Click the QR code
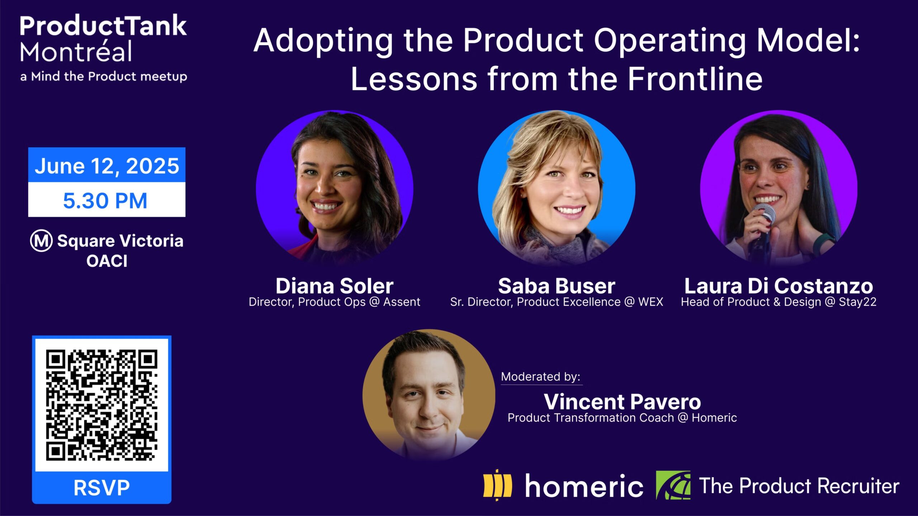pos(102,405)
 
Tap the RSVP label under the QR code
pos(102,488)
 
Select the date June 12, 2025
pos(107,166)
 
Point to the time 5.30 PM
pos(105,200)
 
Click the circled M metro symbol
pos(41,241)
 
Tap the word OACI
pos(107,261)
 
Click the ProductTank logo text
pos(103,26)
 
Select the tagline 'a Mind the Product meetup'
pos(104,76)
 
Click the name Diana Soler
pos(335,286)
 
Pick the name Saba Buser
pos(557,286)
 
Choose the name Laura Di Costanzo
pos(779,286)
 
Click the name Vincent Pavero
pos(622,402)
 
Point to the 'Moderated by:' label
pos(541,377)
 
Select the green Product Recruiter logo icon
pos(673,485)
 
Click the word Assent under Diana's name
pos(402,302)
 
